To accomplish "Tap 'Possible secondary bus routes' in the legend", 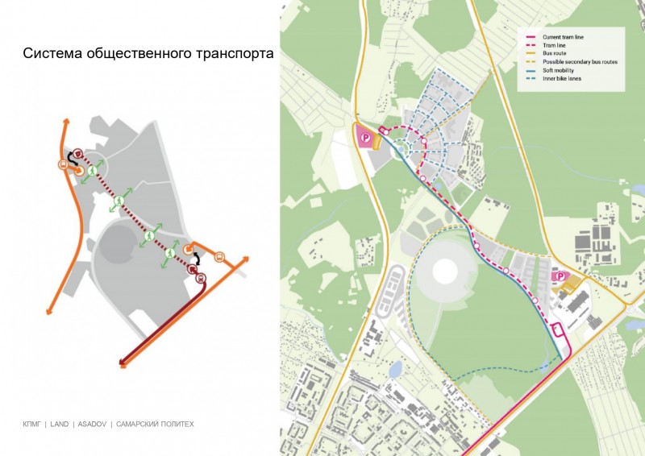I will (x=575, y=62).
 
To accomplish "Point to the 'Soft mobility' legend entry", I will (x=558, y=71).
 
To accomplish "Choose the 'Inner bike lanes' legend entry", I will (x=562, y=79).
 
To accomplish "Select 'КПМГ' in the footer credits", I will (x=31, y=424).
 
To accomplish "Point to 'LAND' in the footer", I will (x=59, y=424).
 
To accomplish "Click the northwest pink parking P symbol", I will (x=365, y=139).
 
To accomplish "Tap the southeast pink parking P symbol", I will (x=556, y=276).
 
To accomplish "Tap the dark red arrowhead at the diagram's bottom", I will (x=123, y=363).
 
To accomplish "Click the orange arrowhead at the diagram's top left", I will (x=65, y=122).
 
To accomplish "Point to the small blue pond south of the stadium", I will (x=394, y=370).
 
